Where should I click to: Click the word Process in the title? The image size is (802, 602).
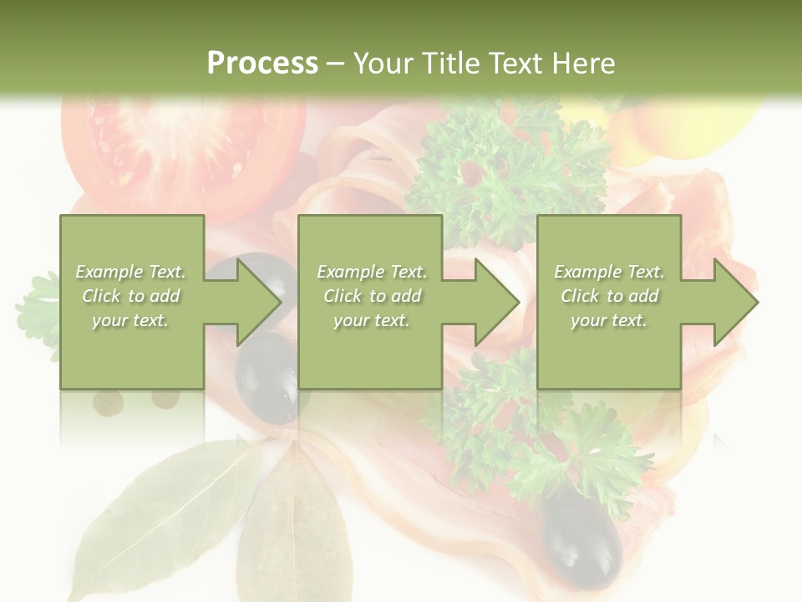[x=262, y=64]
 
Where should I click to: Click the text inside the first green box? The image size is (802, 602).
[x=130, y=296]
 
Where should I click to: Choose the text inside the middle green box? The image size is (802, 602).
[x=371, y=296]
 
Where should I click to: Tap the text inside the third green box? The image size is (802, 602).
[x=609, y=296]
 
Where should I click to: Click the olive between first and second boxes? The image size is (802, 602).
[x=266, y=376]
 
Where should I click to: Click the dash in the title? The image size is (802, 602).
[x=335, y=64]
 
